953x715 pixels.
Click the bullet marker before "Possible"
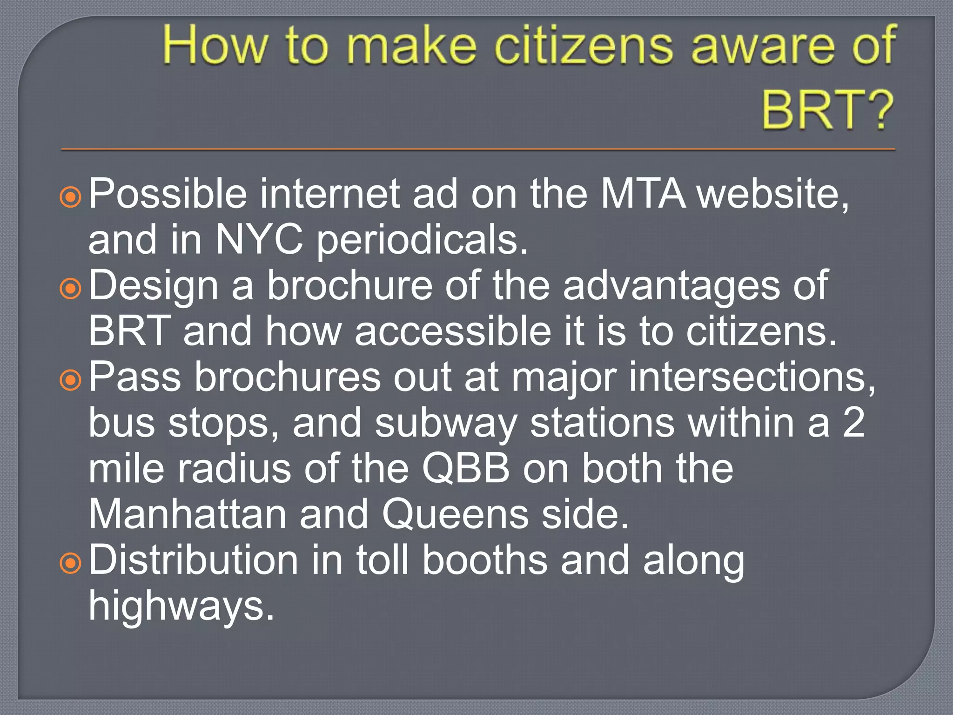click(71, 197)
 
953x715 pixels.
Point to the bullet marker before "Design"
click(71, 289)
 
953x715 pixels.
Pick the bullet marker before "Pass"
click(71, 381)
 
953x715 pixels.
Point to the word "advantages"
click(671, 286)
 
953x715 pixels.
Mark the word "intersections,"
click(752, 377)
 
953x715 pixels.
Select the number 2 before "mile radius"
click(854, 422)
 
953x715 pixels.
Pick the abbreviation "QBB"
click(466, 468)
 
